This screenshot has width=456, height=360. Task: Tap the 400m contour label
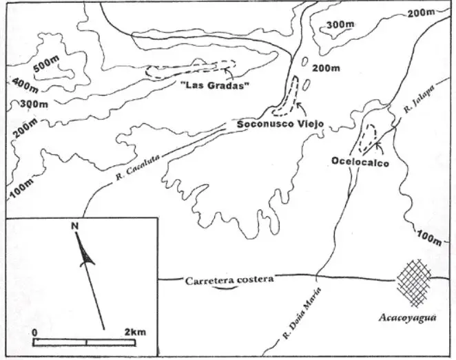pyautogui.click(x=24, y=85)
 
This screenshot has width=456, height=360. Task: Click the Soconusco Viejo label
pyautogui.click(x=280, y=124)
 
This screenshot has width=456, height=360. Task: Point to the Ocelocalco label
pyautogui.click(x=359, y=162)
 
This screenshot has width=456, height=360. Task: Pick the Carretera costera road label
pyautogui.click(x=229, y=279)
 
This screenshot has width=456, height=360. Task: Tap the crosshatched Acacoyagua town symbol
pyautogui.click(x=415, y=282)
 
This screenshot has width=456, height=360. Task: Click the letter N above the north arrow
pyautogui.click(x=74, y=225)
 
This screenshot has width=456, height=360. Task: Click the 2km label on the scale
pyautogui.click(x=135, y=332)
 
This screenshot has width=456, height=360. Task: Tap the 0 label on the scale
pyautogui.click(x=34, y=332)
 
